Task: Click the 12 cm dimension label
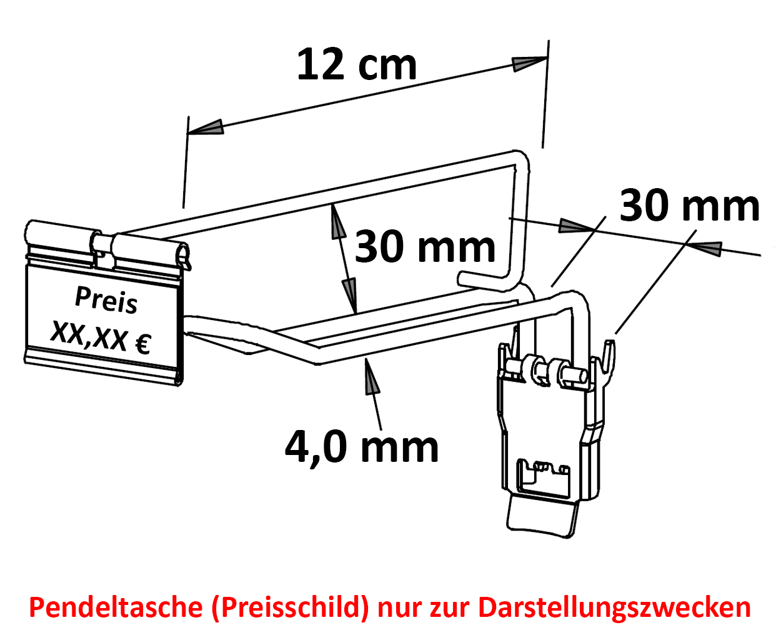pos(357,64)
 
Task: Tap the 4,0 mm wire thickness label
pos(362,447)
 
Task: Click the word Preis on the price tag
pos(106,300)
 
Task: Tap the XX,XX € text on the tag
pos(101,337)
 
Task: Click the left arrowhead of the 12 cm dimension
pos(206,127)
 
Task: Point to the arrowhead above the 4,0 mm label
pos(371,376)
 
